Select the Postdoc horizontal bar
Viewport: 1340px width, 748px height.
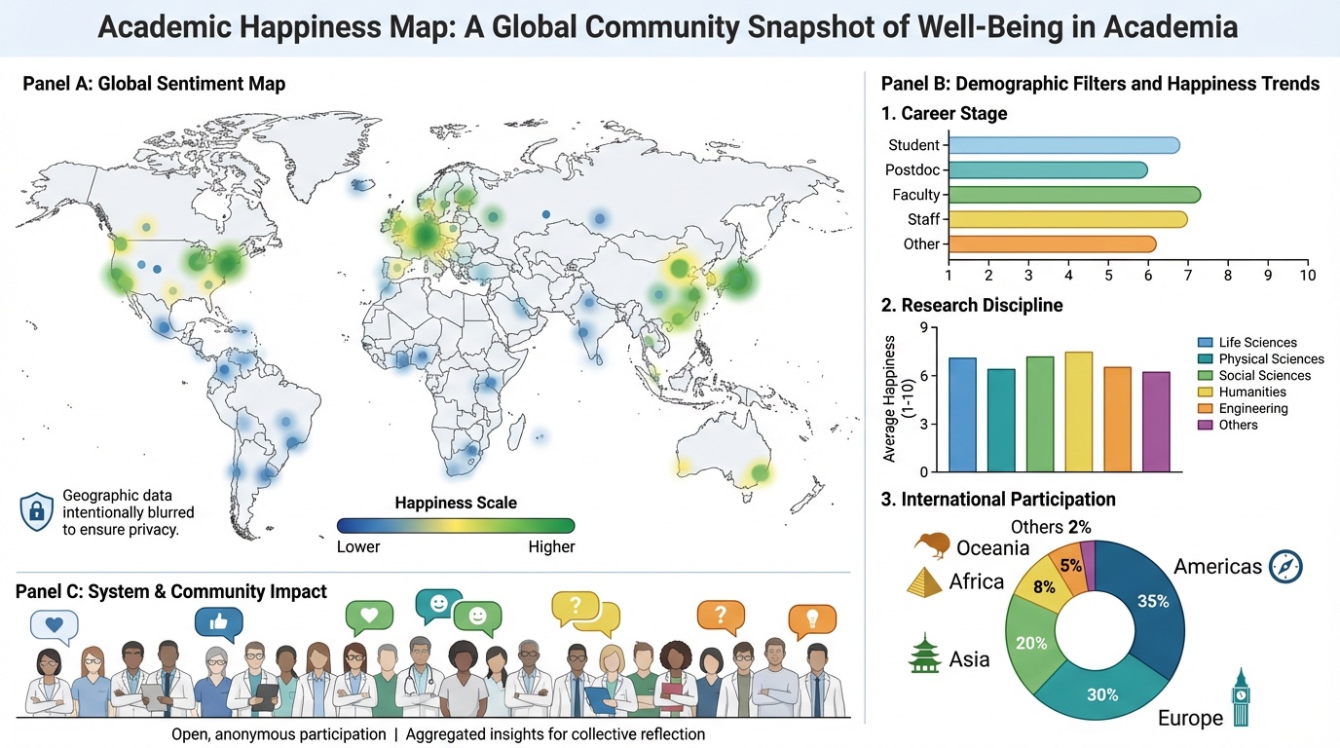(1047, 170)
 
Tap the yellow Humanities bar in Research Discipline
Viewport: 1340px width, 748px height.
(1078, 412)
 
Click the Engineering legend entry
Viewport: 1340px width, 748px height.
(1253, 408)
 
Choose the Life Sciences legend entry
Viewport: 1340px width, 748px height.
(1257, 342)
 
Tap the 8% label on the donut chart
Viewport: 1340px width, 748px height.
(1043, 587)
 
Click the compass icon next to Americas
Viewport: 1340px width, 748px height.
(1285, 566)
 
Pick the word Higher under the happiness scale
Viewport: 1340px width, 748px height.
(551, 546)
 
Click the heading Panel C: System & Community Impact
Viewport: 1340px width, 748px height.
(171, 591)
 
